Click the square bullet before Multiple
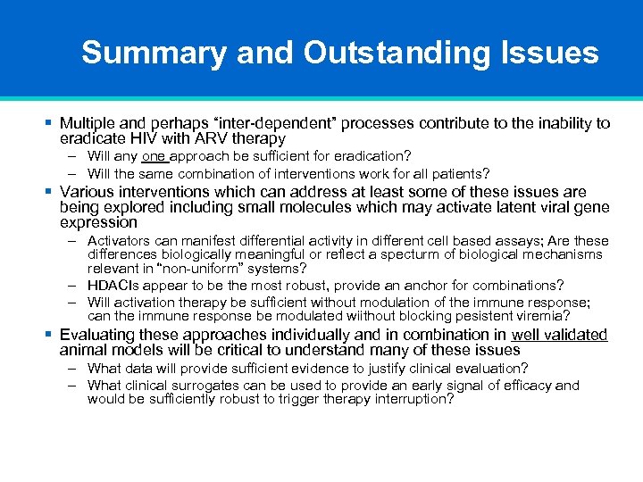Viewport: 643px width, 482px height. [x=49, y=123]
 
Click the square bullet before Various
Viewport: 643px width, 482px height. [x=49, y=192]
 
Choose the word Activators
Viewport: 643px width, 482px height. [x=121, y=241]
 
